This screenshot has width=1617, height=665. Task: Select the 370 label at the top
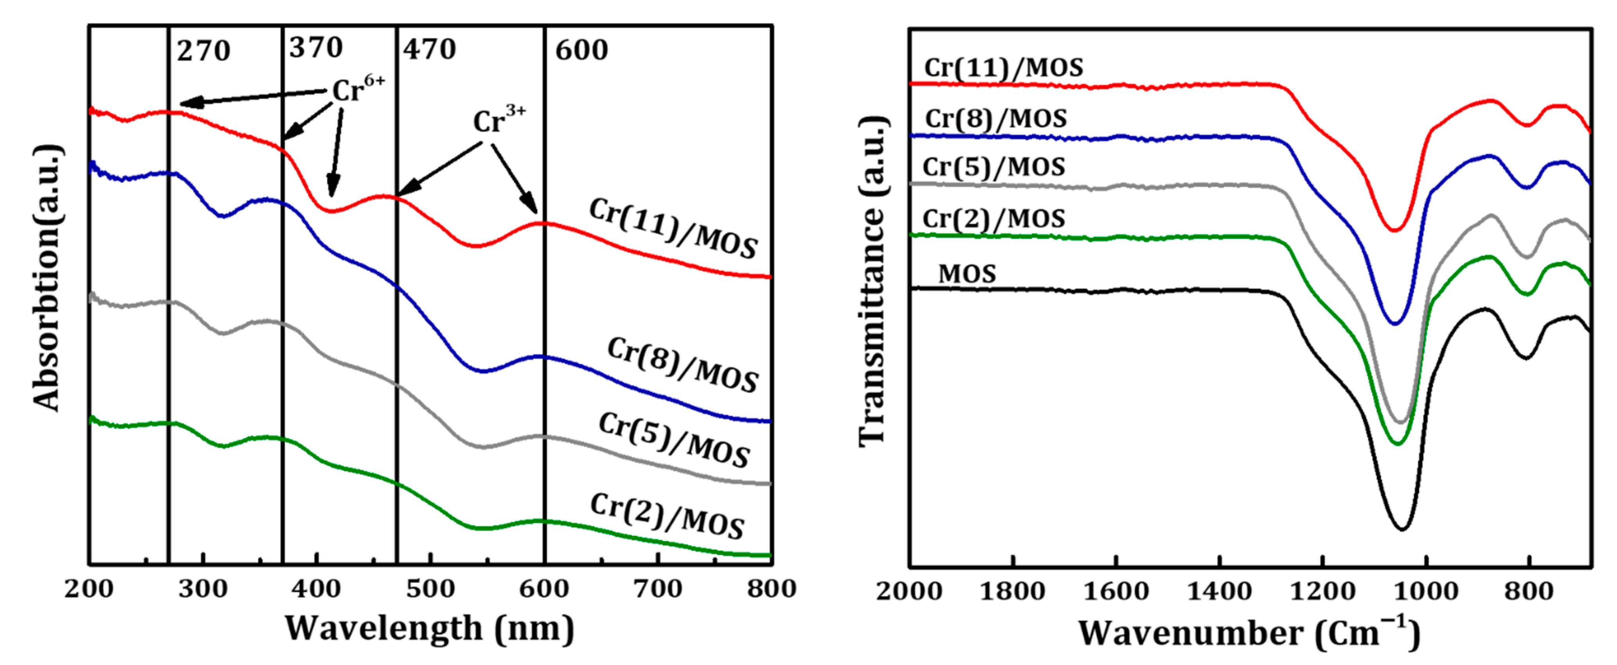click(316, 48)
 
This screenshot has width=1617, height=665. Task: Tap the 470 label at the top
click(429, 49)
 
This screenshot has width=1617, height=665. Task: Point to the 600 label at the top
click(581, 50)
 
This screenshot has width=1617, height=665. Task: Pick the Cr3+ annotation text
click(499, 120)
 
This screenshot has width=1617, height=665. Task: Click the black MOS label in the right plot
click(967, 274)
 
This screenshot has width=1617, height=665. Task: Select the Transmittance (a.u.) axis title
click(872, 282)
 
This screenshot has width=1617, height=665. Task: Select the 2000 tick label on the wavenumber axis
click(909, 591)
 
